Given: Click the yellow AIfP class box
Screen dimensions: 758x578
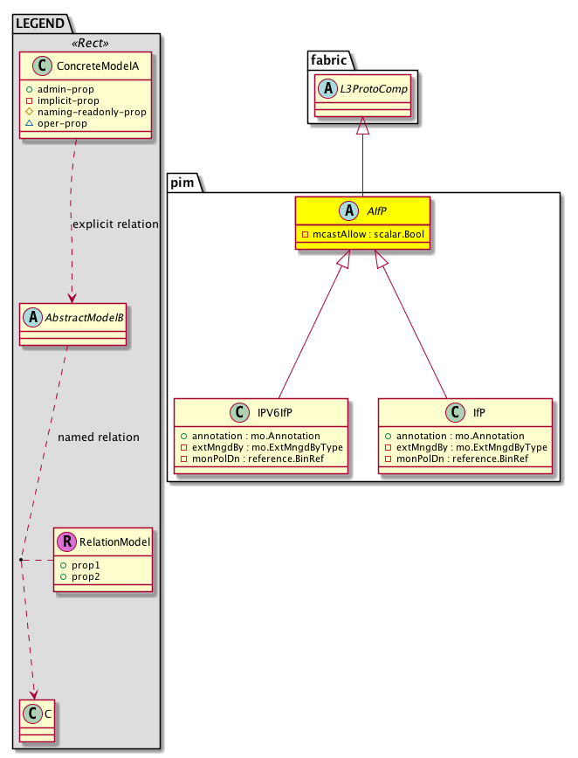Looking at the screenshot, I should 362,223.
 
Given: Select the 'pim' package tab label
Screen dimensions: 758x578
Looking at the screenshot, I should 183,182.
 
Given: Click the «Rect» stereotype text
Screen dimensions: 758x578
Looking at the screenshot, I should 86,41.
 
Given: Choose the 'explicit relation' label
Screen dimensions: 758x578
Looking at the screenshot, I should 115,224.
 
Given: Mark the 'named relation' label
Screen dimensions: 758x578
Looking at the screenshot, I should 98,437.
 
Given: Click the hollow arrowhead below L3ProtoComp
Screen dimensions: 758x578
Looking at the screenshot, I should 362,127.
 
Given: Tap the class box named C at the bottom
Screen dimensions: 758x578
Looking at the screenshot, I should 39,719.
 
